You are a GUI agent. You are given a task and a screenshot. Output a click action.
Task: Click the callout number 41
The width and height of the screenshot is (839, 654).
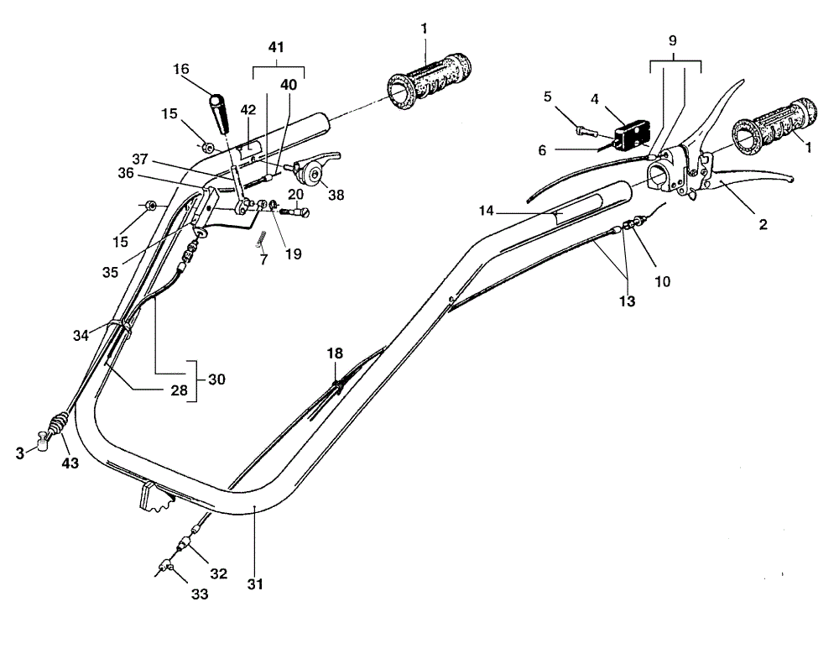click(275, 48)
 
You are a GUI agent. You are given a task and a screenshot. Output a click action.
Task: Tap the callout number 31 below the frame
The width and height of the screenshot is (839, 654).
click(255, 583)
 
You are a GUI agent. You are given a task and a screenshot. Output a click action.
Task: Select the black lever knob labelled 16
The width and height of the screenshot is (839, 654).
click(220, 113)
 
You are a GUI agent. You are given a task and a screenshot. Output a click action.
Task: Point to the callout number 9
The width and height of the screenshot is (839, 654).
click(673, 40)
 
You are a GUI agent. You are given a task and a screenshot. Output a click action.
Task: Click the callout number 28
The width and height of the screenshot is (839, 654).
click(180, 390)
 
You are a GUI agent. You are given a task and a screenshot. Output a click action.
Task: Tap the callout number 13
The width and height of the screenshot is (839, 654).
click(627, 301)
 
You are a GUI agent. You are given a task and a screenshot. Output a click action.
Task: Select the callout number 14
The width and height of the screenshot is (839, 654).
click(486, 211)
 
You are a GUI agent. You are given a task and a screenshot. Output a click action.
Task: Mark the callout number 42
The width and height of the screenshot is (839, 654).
click(248, 110)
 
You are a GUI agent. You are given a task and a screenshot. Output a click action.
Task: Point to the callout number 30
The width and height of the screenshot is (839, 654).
click(216, 379)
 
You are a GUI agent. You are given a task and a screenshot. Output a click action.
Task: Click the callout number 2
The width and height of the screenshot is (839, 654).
click(763, 224)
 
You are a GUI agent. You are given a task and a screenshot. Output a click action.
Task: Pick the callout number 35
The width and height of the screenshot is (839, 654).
click(110, 272)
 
